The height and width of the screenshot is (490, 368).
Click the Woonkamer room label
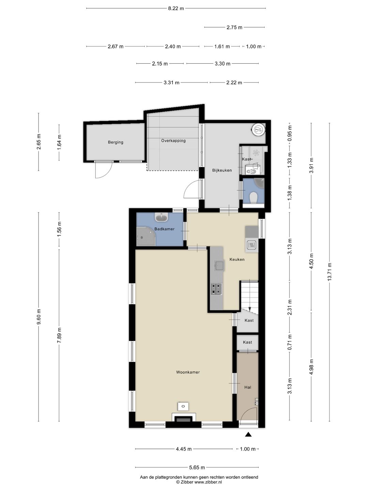click(x=188, y=372)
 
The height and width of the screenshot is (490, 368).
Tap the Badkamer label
click(x=165, y=229)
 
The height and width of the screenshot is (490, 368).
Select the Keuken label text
click(x=237, y=259)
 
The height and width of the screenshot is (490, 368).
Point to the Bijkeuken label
click(x=222, y=170)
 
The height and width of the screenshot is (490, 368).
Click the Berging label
click(x=116, y=142)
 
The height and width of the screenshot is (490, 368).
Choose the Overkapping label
click(x=173, y=141)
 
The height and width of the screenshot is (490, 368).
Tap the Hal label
click(x=248, y=387)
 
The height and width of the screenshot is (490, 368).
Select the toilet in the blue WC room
click(x=254, y=197)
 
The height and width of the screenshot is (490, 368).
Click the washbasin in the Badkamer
click(x=161, y=217)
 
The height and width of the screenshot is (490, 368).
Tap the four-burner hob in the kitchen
click(x=216, y=289)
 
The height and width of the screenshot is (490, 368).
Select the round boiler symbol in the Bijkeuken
click(x=258, y=129)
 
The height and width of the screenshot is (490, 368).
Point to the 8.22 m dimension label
click(x=176, y=9)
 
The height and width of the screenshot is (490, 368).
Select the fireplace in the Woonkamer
click(x=184, y=418)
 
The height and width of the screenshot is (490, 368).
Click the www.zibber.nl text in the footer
click(x=208, y=482)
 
